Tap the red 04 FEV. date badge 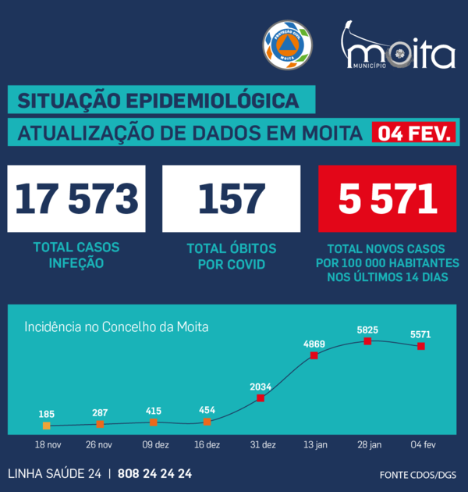pos(414,134)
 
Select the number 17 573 pos(76,198)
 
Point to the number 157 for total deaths pos(232,198)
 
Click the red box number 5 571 pos(388,198)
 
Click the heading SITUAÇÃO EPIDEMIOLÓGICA pos(158,101)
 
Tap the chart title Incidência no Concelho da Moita pos(116,326)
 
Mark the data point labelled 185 pos(46,426)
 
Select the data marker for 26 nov pos(100,424)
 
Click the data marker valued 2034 pos(260,398)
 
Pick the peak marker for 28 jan pos(367,340)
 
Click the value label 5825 pos(367,330)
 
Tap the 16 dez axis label pos(207,444)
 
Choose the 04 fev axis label pos(422,444)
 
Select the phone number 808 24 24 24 pos(155,473)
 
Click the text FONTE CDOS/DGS pos(417,474)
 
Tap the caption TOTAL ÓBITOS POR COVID pos(232,256)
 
